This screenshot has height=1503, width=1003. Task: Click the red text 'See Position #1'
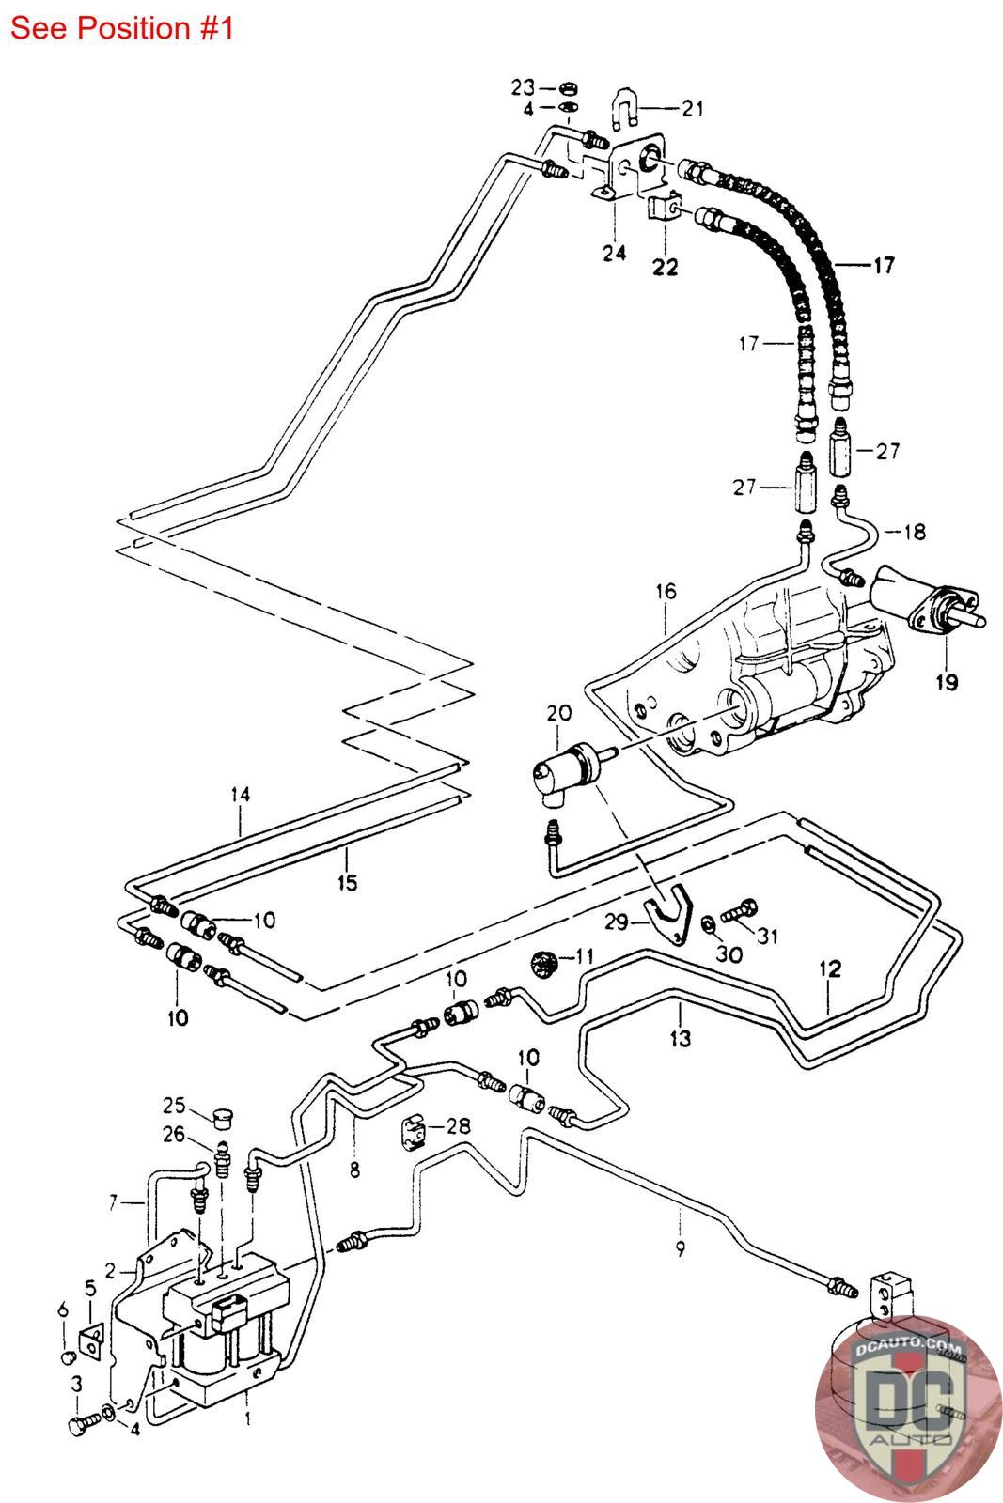(x=121, y=28)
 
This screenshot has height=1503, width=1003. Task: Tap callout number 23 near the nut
(x=523, y=87)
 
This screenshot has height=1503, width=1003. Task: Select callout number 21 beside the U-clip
(x=693, y=109)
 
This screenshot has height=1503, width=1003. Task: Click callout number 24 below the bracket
(x=615, y=254)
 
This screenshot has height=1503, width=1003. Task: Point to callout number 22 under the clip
(x=666, y=268)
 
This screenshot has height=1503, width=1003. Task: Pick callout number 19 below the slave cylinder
(x=946, y=682)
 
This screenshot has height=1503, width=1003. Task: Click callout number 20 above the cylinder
(x=558, y=714)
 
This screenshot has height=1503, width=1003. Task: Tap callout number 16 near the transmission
(x=666, y=592)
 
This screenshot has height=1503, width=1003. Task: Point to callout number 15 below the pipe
(x=347, y=882)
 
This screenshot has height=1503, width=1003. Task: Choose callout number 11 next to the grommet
(x=584, y=957)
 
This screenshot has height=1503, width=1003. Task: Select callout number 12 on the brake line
(x=830, y=968)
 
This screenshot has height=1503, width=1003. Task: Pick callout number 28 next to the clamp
(x=460, y=1125)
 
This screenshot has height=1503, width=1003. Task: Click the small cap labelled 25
(x=223, y=1119)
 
